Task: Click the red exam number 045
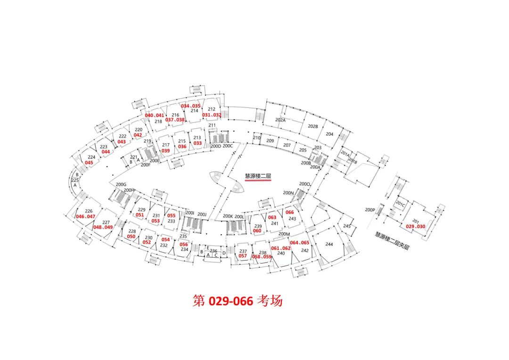click(89, 163)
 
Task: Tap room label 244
click(329, 244)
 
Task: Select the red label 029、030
click(415, 227)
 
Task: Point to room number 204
click(329, 134)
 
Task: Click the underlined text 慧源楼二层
click(258, 177)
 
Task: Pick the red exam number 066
click(290, 213)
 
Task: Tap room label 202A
click(280, 120)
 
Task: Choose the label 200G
click(122, 184)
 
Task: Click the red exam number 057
click(243, 256)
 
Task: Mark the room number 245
click(347, 226)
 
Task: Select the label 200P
click(370, 210)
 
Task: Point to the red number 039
click(165, 151)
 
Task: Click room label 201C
click(400, 204)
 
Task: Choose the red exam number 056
click(184, 245)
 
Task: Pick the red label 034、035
click(191, 106)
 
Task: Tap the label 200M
click(284, 234)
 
